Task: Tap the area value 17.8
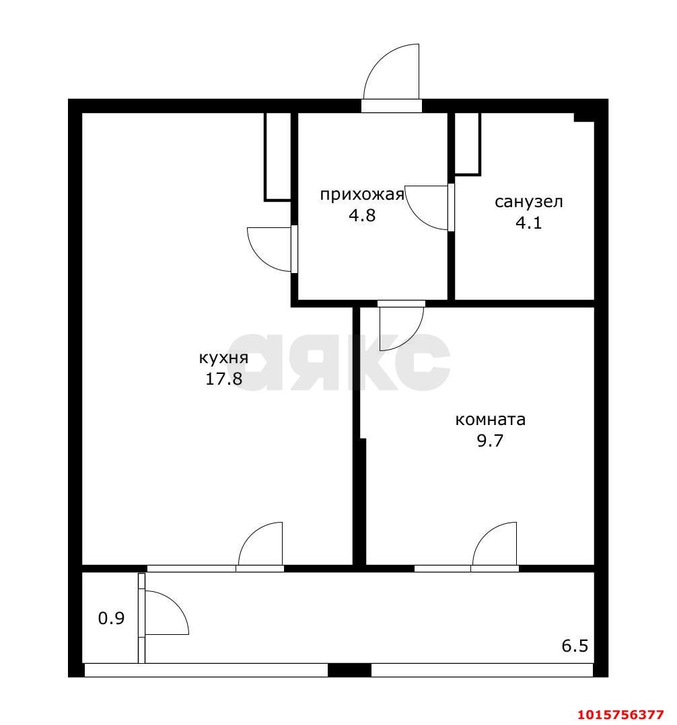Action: tap(223, 379)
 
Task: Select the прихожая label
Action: tap(361, 195)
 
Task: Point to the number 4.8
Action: tap(361, 216)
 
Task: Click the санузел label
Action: tap(528, 201)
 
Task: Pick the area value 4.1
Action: tap(528, 223)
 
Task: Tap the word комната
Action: tap(490, 420)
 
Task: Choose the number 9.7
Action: tap(490, 441)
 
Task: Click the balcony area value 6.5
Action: tap(575, 646)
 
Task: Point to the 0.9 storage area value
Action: tap(111, 618)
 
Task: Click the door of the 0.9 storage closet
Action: tap(165, 612)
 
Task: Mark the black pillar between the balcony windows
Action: tap(349, 670)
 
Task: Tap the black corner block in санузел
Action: tap(583, 117)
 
